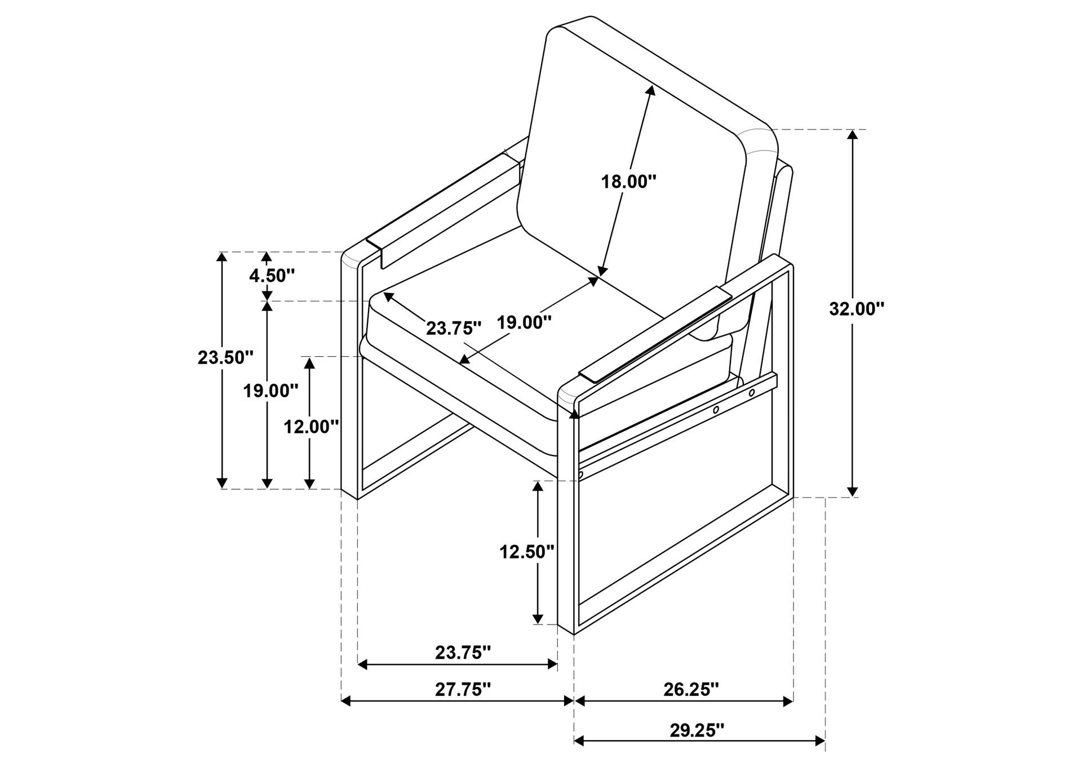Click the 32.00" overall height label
coord(857,309)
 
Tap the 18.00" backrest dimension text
coord(629,182)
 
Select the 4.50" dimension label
coord(272,276)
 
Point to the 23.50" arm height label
coord(225,357)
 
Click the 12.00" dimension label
coord(311,427)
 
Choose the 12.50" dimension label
coord(527,552)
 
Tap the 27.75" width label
coord(463,689)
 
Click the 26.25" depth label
coord(691,689)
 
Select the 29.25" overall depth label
coord(697,730)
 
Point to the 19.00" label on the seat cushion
coord(524,322)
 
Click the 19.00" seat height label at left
coord(270,391)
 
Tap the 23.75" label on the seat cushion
coord(454,328)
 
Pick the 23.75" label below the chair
coord(463,653)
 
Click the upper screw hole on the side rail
coord(752,393)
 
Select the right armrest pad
coord(655,334)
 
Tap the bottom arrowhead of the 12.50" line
coord(539,618)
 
